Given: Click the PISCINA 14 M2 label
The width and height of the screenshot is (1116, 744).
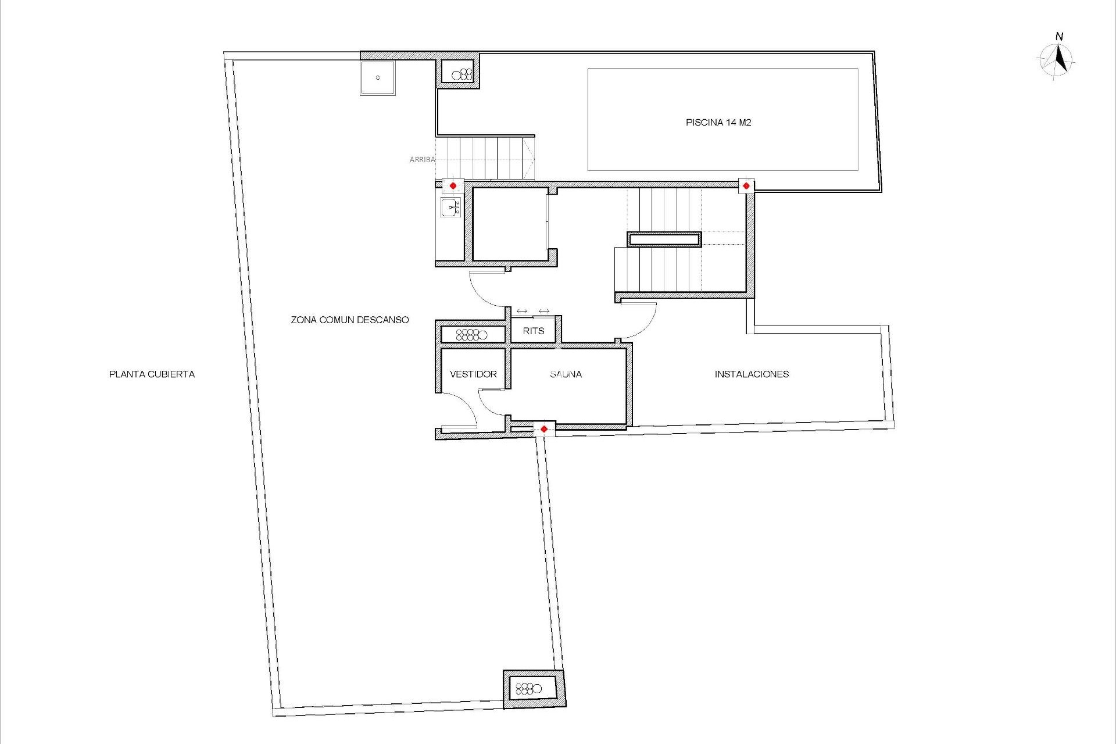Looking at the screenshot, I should (x=718, y=123).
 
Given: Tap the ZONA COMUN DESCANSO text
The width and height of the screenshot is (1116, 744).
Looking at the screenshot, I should (x=349, y=320).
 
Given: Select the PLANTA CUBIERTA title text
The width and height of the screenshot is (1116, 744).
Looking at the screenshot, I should (x=152, y=374).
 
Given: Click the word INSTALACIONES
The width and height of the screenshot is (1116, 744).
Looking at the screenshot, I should (x=752, y=374).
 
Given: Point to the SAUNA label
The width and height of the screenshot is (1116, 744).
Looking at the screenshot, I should (x=566, y=374).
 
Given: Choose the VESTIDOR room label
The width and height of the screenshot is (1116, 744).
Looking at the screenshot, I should (x=473, y=374).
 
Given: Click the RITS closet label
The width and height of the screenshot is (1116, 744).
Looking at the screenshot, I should (x=533, y=331).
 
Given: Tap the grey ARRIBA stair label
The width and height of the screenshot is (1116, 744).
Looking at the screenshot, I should (x=422, y=159).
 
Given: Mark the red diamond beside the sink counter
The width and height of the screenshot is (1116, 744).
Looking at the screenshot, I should (x=453, y=185).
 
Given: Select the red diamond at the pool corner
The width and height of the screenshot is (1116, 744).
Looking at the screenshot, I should (x=746, y=186).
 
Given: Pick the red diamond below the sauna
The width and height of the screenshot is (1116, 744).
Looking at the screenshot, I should (x=543, y=429).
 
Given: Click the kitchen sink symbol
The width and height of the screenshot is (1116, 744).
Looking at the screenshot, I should (x=450, y=206).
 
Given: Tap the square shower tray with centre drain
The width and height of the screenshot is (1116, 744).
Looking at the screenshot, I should (x=377, y=78).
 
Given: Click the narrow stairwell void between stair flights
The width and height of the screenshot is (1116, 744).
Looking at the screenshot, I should (x=664, y=239).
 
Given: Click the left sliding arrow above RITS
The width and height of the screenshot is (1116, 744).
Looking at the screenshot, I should (x=521, y=311).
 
